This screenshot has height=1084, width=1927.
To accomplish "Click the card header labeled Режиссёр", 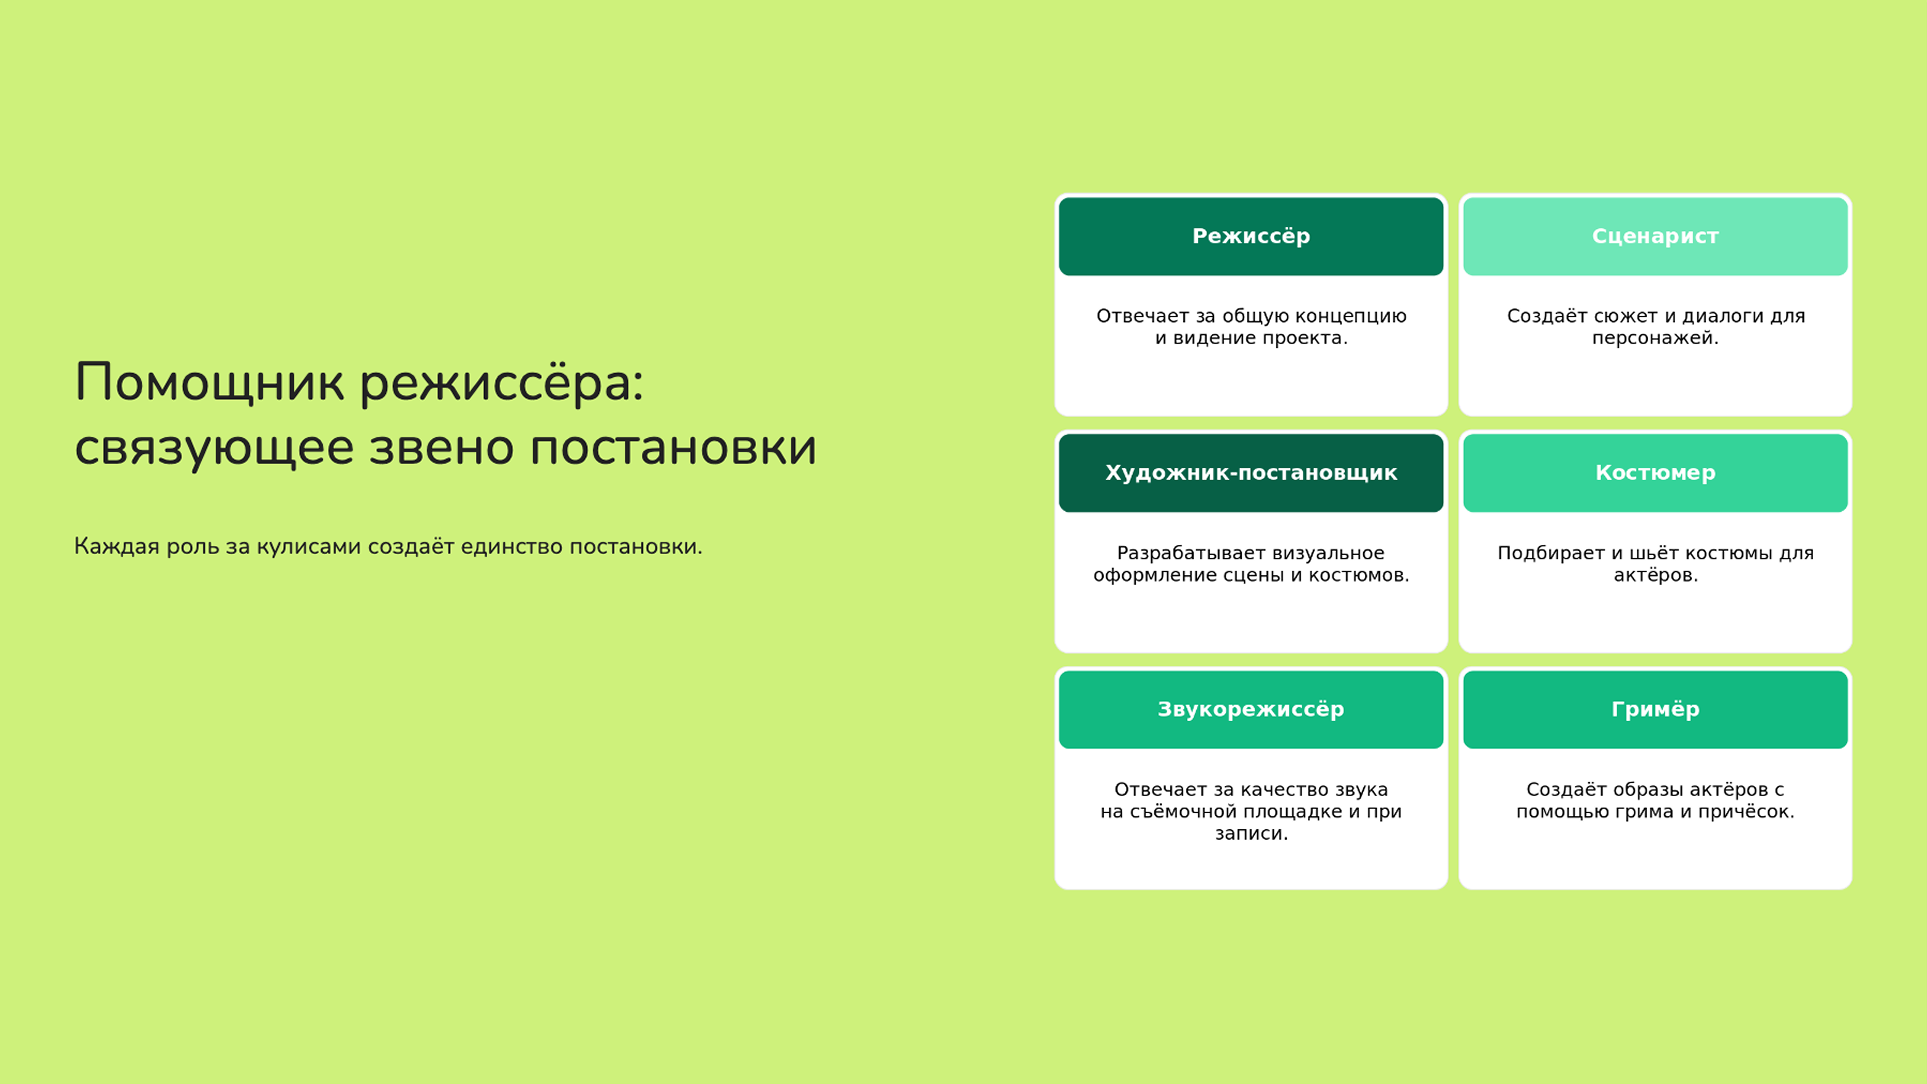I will pos(1251,236).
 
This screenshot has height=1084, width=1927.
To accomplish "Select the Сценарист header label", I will pos(1655,236).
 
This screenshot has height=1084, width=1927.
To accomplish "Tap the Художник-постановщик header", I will pos(1251,473).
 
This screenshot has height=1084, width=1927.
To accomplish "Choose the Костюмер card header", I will pos(1655,473).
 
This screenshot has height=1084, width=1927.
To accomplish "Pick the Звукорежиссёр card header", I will pos(1251,709).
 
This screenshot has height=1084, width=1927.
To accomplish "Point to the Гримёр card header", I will pos(1655,709).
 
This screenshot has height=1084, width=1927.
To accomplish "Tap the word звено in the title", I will pos(441,449).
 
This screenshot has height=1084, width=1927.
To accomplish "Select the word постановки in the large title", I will pos(673,449).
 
